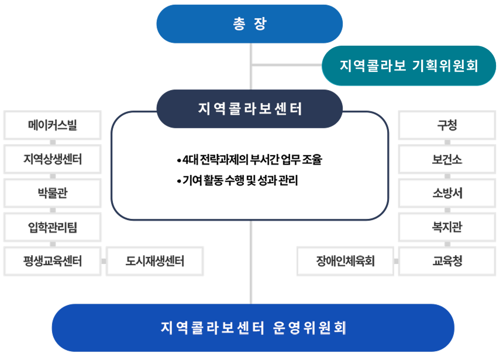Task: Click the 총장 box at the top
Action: click(x=249, y=24)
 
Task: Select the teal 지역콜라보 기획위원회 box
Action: click(x=409, y=66)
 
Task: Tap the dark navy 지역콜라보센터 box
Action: click(x=249, y=108)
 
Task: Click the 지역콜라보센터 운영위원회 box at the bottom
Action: click(x=253, y=327)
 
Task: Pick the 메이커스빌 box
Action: click(x=53, y=125)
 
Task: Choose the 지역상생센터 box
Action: click(x=53, y=159)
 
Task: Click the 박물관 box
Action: click(x=53, y=193)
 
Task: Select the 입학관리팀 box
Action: click(x=53, y=227)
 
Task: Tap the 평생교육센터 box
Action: click(x=53, y=261)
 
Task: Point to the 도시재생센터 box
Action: click(x=155, y=261)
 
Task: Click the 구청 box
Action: click(x=447, y=125)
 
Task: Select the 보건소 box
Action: click(x=447, y=159)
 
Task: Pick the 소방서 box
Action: click(x=447, y=193)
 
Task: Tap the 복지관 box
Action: click(x=447, y=227)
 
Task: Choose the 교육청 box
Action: click(x=447, y=261)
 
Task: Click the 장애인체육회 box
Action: click(x=345, y=261)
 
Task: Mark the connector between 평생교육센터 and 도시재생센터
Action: click(x=104, y=261)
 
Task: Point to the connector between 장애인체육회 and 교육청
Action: click(x=396, y=261)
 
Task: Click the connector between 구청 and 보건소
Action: click(x=447, y=142)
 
